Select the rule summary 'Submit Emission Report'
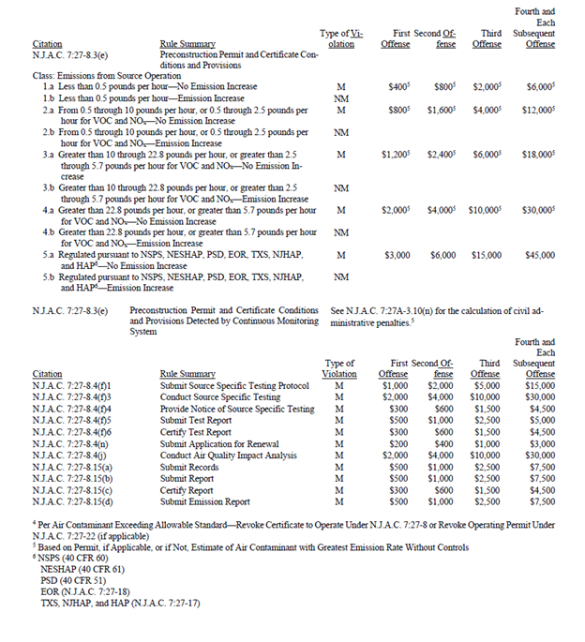tap(203, 501)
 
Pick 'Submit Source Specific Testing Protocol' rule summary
tap(234, 385)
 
